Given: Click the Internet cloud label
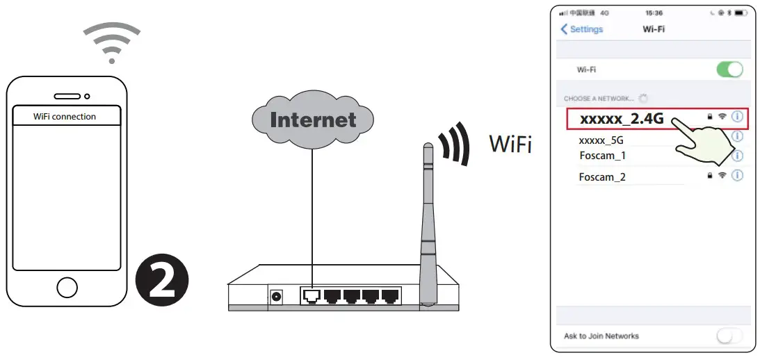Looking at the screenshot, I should tap(313, 120).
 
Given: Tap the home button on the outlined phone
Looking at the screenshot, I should tap(67, 287).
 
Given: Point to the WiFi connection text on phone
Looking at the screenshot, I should tap(65, 116).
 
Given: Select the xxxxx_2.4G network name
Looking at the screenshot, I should tap(622, 119).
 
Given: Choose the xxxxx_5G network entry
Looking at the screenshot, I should tap(601, 140).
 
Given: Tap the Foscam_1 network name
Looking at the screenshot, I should tap(602, 155).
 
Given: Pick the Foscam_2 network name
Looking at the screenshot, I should tap(602, 177).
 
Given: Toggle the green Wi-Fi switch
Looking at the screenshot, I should tap(729, 69).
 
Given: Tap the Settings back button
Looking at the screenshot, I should tap(582, 29).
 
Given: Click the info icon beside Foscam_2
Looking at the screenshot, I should tap(737, 176).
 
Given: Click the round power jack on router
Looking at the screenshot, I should tap(277, 297).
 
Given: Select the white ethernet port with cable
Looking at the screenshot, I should tap(311, 297).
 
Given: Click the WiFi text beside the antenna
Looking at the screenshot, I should tap(511, 144).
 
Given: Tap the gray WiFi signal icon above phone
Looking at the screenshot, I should tap(111, 41).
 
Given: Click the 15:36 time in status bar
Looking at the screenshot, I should tap(654, 13).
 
